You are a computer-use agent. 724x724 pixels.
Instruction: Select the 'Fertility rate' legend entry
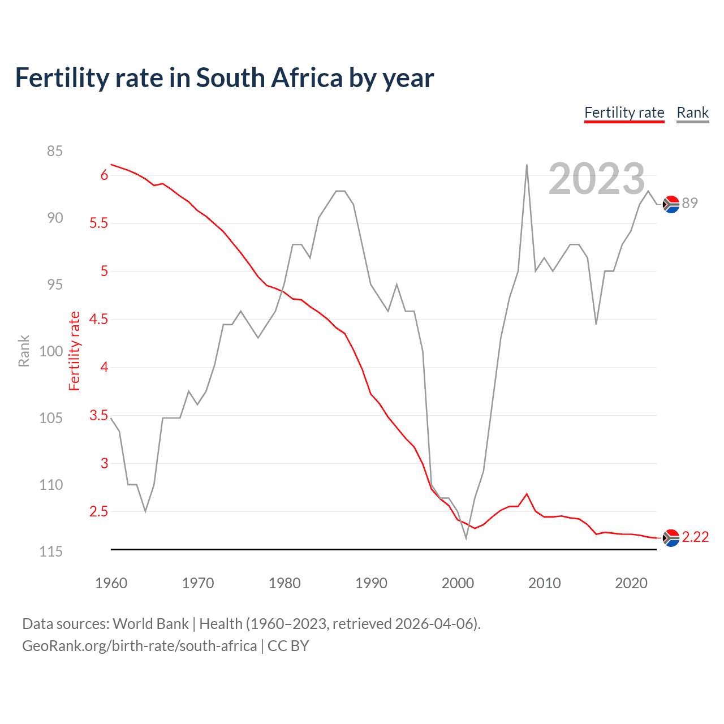pos(624,113)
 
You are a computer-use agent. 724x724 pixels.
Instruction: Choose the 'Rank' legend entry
pos(692,113)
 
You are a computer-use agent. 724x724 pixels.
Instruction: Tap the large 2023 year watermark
pos(597,179)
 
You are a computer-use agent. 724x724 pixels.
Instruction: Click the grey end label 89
pos(689,203)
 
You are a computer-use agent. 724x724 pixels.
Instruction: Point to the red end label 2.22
pos(695,537)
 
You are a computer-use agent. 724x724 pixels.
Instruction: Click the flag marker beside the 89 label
pos(671,204)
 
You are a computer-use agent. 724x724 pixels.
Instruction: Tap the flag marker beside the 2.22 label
pos(671,538)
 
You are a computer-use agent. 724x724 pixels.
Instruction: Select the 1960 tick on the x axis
pos(111,583)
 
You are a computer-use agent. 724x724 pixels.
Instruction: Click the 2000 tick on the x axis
pos(458,583)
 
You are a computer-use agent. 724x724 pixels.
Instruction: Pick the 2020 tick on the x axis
pos(631,583)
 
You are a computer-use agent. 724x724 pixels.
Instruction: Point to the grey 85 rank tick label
pos(55,151)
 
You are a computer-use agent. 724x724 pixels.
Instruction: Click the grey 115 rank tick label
pos(51,551)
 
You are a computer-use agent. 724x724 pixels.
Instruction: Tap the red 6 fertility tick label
pos(104,175)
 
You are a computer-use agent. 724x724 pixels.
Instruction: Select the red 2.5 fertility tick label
pos(98,511)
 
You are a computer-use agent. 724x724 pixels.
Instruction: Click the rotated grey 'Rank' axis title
pos(24,351)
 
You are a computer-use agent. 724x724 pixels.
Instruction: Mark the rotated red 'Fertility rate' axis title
pos(74,351)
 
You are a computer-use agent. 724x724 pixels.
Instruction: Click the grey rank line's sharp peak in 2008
pos(527,165)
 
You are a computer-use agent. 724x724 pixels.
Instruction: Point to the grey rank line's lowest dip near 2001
pos(466,538)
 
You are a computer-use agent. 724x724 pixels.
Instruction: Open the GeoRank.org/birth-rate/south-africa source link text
pos(139,646)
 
